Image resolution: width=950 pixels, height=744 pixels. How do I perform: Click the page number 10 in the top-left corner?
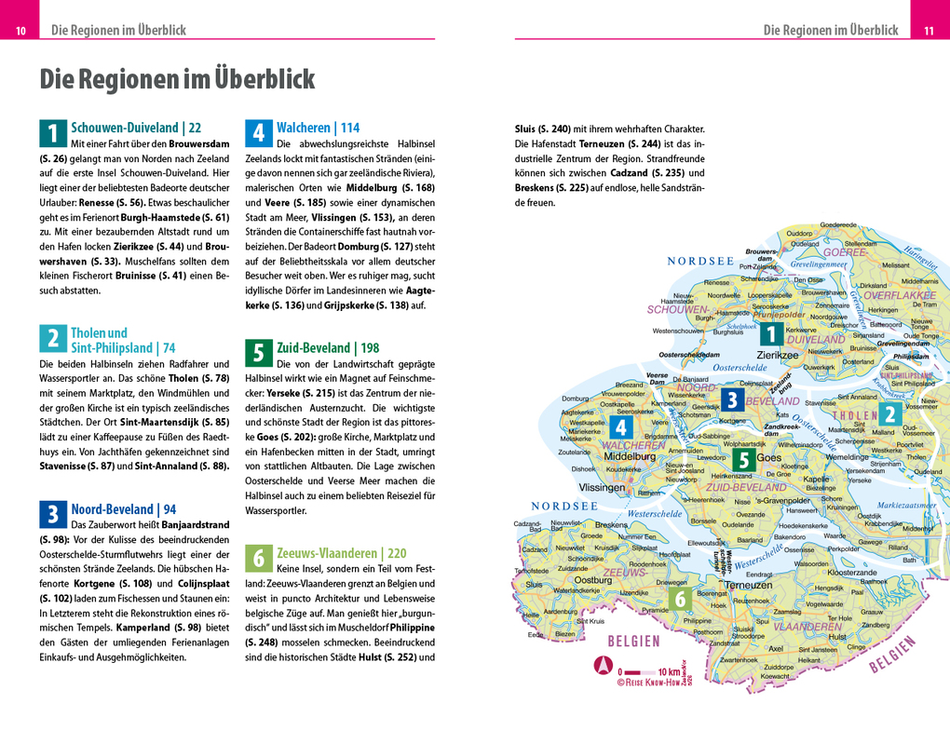click(20, 31)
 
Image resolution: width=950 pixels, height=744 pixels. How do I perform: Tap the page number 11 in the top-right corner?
click(929, 31)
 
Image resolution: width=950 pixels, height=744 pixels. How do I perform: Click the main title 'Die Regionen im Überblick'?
click(177, 79)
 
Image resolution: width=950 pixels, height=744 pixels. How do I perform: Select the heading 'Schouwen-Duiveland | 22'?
click(136, 128)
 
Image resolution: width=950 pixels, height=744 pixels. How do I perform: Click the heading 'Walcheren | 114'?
click(318, 128)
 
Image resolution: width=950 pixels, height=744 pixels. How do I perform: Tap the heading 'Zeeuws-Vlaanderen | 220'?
click(341, 552)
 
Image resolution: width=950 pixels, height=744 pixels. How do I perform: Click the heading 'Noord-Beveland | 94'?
click(123, 509)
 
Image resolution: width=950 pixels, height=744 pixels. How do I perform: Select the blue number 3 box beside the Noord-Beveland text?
click(52, 514)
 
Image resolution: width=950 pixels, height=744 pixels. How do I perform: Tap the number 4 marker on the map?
click(621, 427)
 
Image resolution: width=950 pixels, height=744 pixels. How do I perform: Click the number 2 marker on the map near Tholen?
click(889, 415)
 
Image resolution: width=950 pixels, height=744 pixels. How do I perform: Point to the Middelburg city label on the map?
click(631, 457)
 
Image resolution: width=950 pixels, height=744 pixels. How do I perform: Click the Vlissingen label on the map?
click(602, 487)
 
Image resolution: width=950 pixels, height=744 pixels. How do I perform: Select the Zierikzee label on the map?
click(777, 355)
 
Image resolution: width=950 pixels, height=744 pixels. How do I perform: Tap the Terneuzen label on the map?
click(748, 584)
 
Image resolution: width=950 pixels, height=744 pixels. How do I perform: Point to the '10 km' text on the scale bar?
click(669, 670)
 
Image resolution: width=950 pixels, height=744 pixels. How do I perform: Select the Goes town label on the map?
click(769, 458)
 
